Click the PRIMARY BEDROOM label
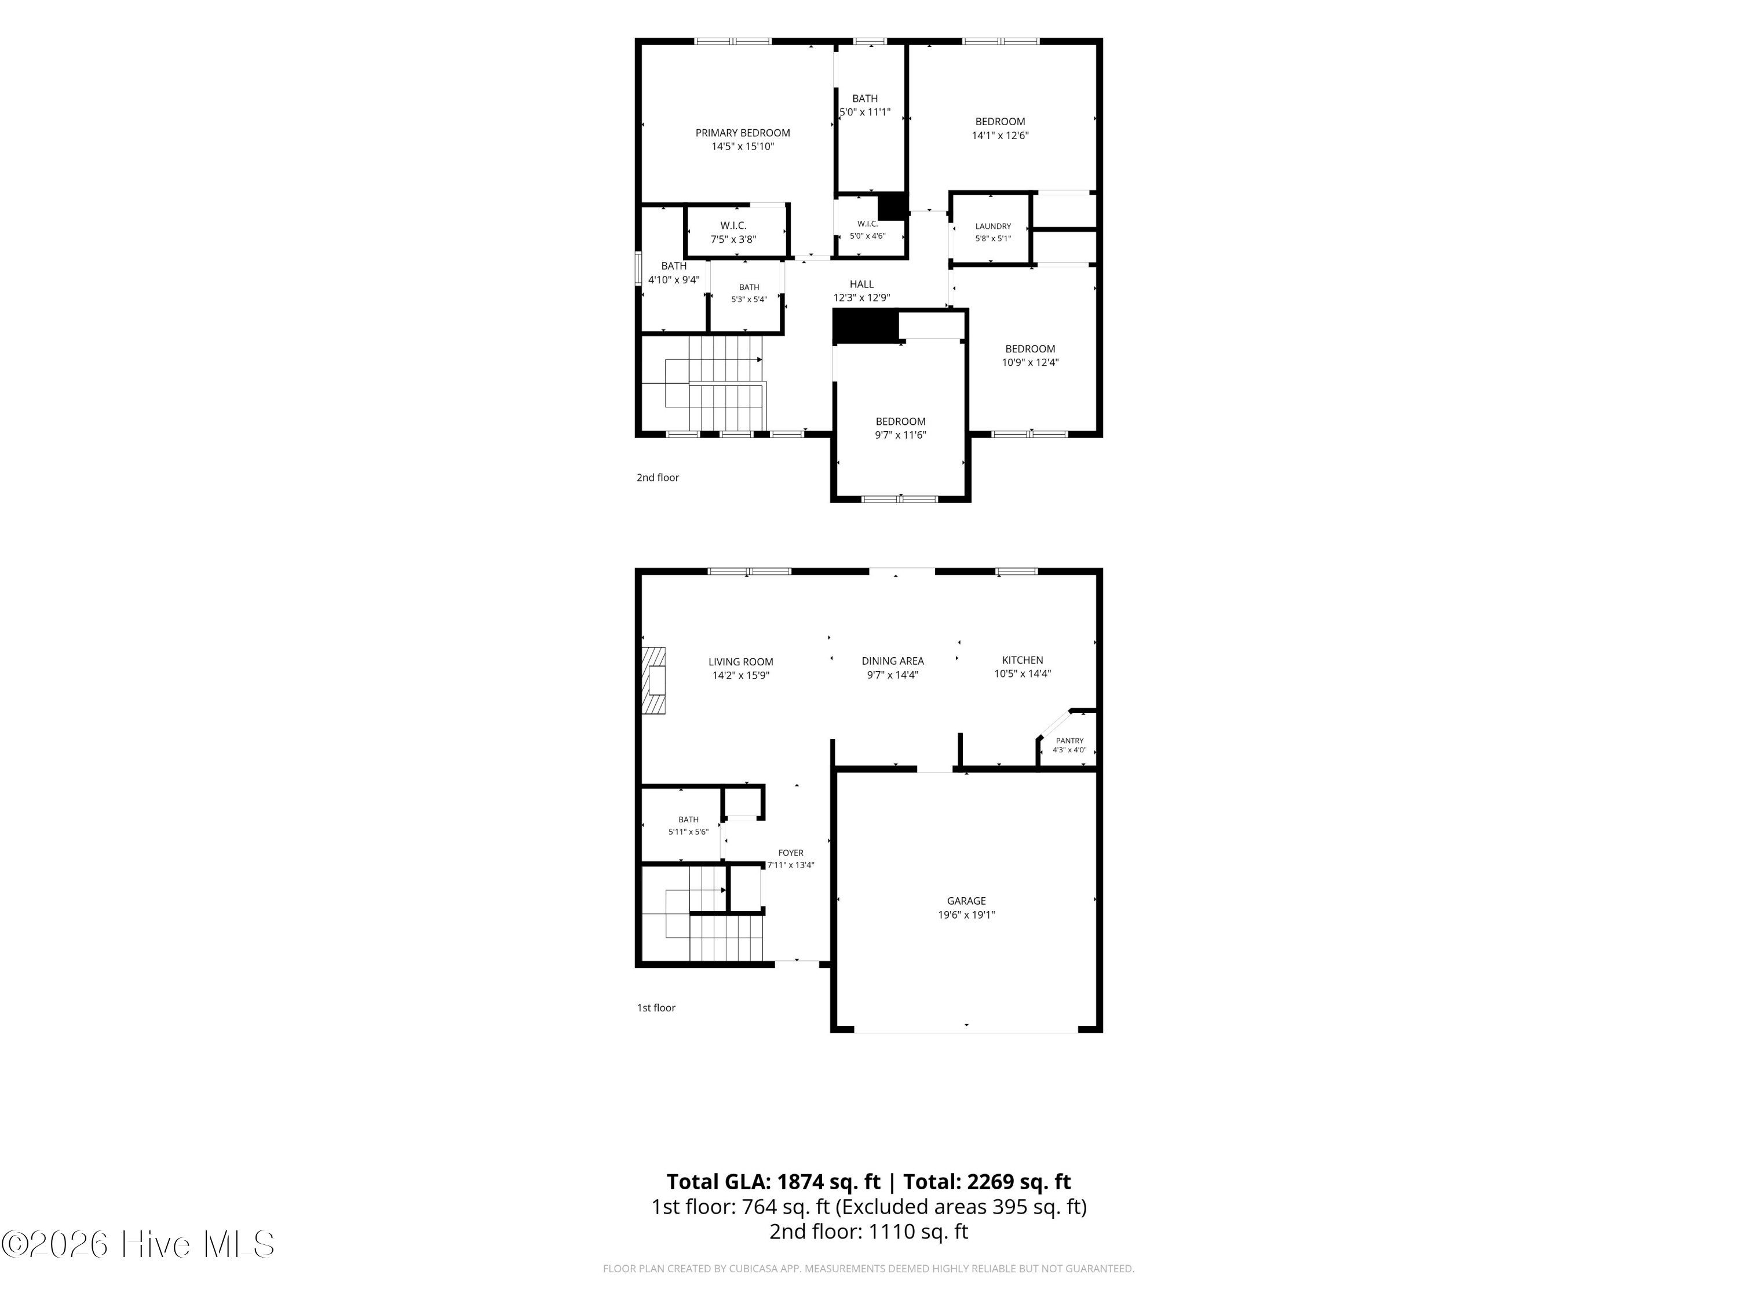743,133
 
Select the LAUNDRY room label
993,227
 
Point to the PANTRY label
1069,741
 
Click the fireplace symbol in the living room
653,681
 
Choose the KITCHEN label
1022,660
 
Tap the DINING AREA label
893,661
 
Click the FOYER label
790,853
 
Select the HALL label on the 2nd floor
861,285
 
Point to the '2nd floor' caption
658,477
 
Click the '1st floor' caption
656,1008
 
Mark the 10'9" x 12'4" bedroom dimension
1030,362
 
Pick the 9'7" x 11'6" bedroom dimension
900,435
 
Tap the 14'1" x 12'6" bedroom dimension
1000,135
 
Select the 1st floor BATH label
688,820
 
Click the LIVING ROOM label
741,662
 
